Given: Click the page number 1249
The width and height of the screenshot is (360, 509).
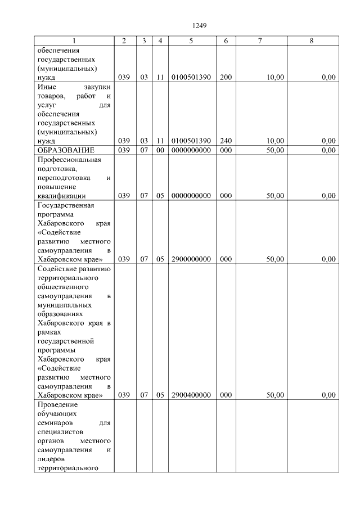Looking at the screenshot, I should pyautogui.click(x=200, y=25).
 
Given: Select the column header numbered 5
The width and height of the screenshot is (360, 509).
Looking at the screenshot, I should pyautogui.click(x=191, y=40).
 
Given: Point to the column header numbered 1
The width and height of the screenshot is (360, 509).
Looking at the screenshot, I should pyautogui.click(x=74, y=40).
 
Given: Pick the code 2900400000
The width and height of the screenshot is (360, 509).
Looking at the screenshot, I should pyautogui.click(x=191, y=395).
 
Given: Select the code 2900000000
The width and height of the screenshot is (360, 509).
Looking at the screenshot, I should pyautogui.click(x=191, y=259).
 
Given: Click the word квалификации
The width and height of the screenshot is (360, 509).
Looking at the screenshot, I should pyautogui.click(x=61, y=196).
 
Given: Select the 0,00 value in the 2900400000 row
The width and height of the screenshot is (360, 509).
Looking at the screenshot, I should pyautogui.click(x=328, y=395).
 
